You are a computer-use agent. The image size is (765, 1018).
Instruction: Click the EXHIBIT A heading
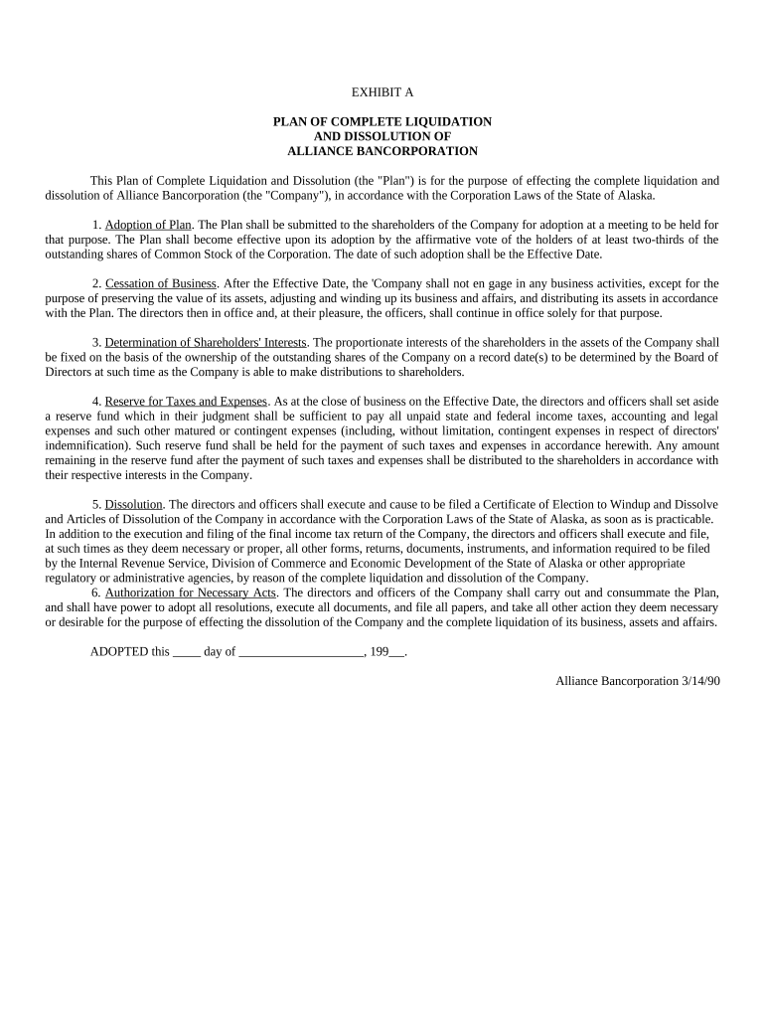click(382, 91)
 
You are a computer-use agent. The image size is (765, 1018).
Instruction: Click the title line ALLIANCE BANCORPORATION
click(382, 151)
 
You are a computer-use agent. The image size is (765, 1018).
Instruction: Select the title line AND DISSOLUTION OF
click(382, 136)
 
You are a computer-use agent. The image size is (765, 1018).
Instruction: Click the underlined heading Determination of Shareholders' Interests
click(206, 342)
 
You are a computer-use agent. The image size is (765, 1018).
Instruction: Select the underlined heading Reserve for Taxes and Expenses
click(186, 401)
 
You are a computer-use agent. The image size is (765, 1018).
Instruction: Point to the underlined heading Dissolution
click(133, 504)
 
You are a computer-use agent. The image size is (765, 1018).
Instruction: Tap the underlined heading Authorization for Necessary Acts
click(191, 593)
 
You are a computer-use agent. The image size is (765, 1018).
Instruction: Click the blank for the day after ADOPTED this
click(187, 653)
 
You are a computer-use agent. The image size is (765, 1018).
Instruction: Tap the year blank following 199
click(397, 653)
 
